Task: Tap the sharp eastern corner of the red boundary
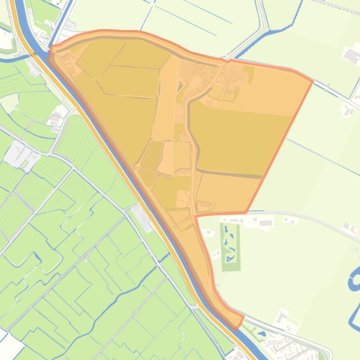click(x=311, y=81)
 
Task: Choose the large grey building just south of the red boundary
click(x=265, y=223)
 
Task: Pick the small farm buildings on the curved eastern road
click(x=348, y=228)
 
